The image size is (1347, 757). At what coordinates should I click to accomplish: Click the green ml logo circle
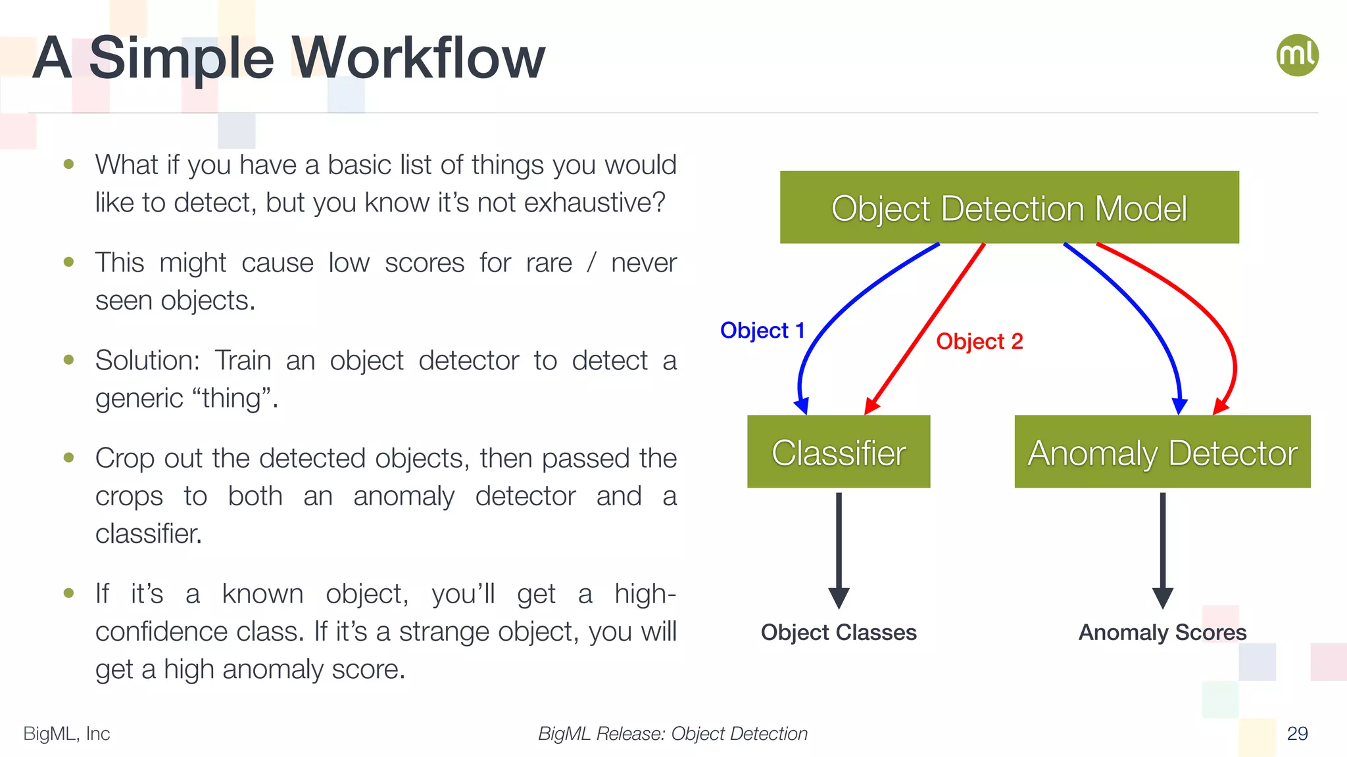click(x=1297, y=55)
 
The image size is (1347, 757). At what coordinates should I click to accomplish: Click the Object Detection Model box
click(x=1009, y=208)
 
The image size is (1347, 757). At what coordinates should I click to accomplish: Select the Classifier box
click(x=839, y=452)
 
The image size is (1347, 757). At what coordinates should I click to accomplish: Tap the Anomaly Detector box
click(x=1162, y=452)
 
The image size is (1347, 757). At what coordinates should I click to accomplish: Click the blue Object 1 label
click(x=762, y=330)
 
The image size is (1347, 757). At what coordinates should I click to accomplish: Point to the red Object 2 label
click(x=979, y=341)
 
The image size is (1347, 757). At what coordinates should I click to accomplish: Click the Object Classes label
click(x=839, y=632)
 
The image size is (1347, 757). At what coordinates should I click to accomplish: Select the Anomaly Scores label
click(x=1162, y=632)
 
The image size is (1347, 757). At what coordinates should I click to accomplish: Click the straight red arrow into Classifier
click(x=927, y=325)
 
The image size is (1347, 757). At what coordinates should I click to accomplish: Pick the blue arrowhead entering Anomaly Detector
click(x=1180, y=405)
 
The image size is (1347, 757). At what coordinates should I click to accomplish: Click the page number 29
click(x=1297, y=733)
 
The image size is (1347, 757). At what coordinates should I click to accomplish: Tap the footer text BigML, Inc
click(x=66, y=733)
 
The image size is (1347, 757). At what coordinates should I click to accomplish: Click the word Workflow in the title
click(x=418, y=58)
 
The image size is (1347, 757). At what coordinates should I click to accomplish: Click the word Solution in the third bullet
click(x=147, y=360)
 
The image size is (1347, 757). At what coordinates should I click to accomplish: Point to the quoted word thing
click(x=232, y=398)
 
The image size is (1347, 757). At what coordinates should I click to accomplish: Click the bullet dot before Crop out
click(x=69, y=457)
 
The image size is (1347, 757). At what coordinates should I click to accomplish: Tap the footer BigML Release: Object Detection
click(x=672, y=733)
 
